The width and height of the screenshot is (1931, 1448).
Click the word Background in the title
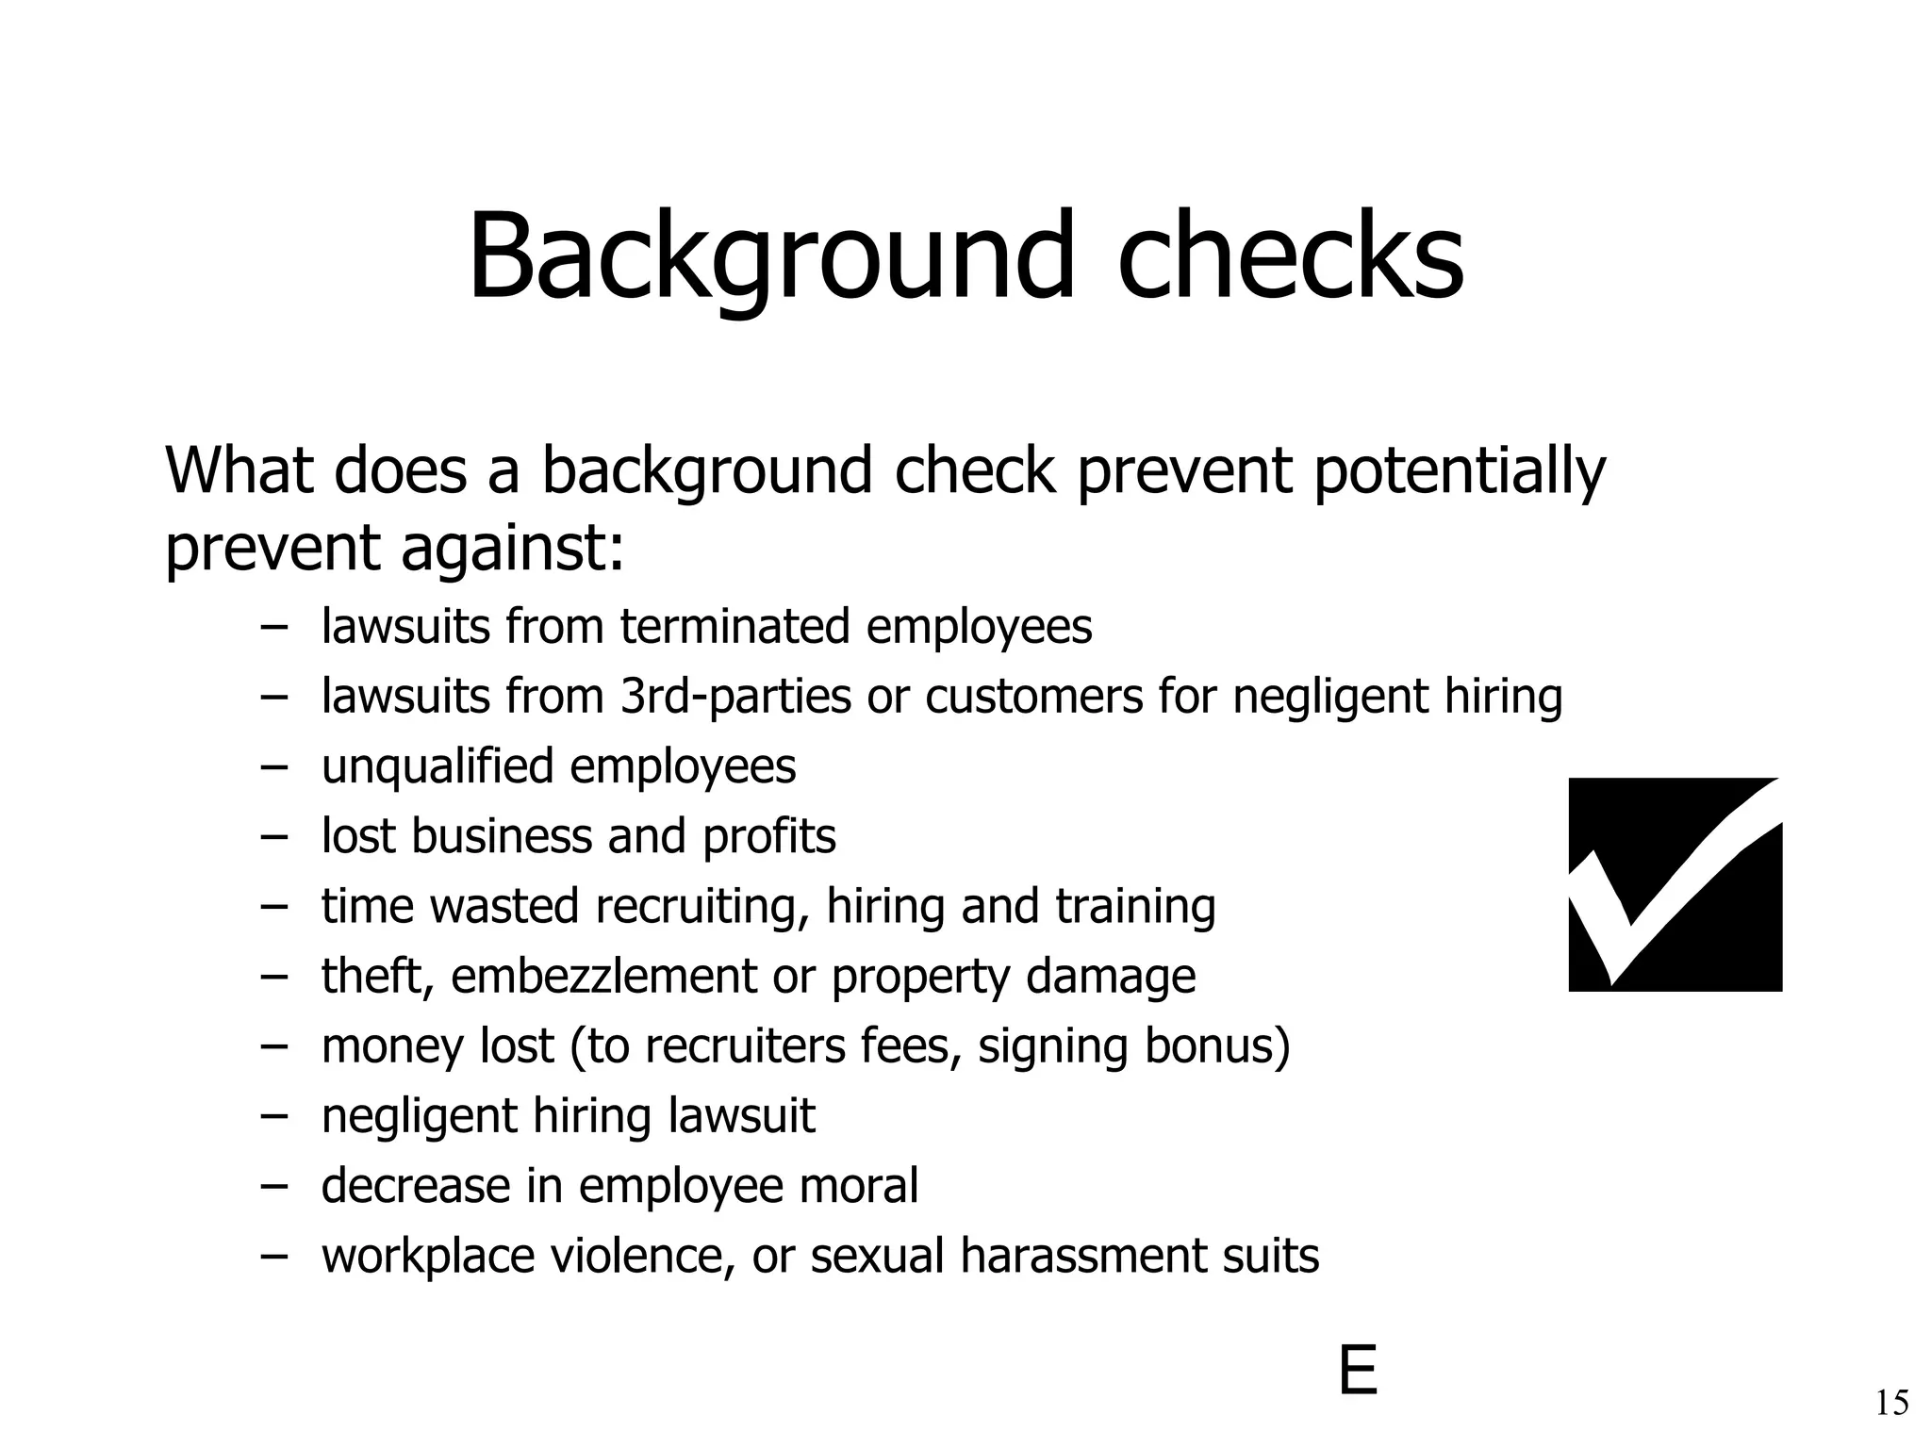point(769,256)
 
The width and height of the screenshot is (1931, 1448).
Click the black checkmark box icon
point(1675,884)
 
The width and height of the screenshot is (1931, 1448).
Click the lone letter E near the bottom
point(1358,1372)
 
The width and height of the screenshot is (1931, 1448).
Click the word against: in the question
point(513,548)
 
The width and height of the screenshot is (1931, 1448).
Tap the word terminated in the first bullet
point(735,626)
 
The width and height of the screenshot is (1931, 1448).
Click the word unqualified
point(437,765)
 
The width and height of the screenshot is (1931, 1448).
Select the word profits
point(768,836)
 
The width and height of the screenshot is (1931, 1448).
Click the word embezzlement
point(603,976)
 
